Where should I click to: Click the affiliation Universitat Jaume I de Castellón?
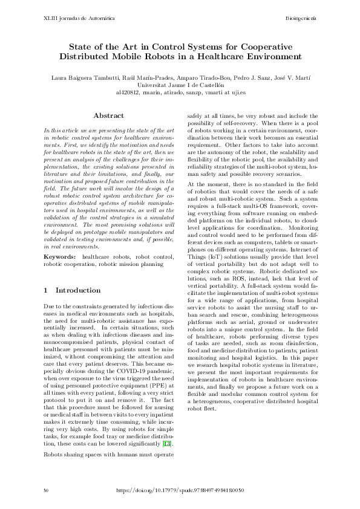pyautogui.click(x=180, y=86)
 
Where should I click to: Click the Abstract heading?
pyautogui.click(x=109, y=115)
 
